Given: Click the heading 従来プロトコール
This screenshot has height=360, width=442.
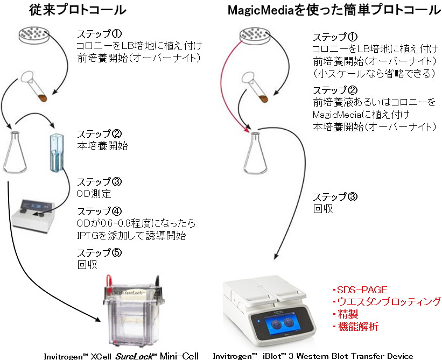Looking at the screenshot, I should pos(75,10).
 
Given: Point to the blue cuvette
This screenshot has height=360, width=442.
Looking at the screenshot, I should pos(57,153).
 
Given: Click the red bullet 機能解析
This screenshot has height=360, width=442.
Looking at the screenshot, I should pos(356,327).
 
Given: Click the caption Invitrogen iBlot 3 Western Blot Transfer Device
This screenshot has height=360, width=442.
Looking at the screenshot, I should pos(313,355).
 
